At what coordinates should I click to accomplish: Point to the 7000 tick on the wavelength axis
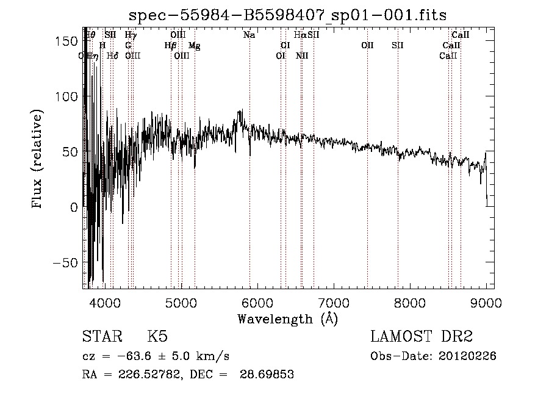(333, 301)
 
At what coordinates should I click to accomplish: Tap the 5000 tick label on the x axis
(181, 301)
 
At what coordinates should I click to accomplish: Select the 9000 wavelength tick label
(486, 301)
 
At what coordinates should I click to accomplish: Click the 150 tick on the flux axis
(70, 41)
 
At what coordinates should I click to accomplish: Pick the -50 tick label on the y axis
(68, 262)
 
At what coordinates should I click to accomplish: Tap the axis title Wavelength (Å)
(287, 318)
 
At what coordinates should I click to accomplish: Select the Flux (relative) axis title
(38, 160)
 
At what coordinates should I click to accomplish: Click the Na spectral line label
(249, 35)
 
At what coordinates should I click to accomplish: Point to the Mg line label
(194, 46)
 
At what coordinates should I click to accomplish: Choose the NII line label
(302, 56)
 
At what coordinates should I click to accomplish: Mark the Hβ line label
(171, 46)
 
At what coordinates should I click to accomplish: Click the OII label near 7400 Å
(367, 46)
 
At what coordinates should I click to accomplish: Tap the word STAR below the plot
(101, 337)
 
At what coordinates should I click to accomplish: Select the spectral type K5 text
(157, 337)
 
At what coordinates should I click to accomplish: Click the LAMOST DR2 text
(421, 337)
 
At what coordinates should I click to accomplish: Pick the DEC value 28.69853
(270, 375)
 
